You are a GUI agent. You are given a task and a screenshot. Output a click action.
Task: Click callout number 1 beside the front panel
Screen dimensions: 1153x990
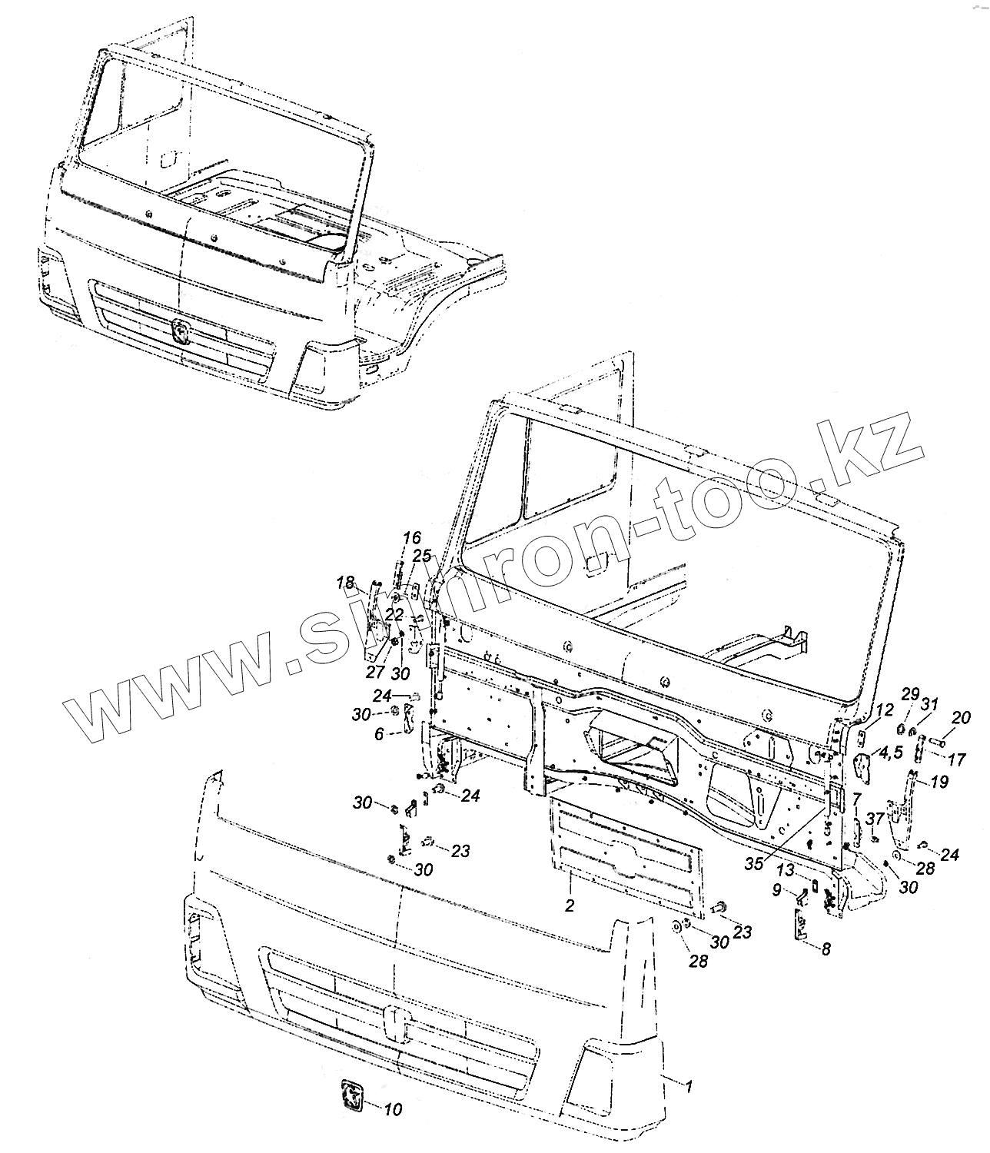pyautogui.click(x=689, y=1087)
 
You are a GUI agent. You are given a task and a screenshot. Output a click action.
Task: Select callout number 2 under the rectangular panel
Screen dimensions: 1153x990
pyautogui.click(x=569, y=905)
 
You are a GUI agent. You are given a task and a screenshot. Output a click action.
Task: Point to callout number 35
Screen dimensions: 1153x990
pyautogui.click(x=754, y=863)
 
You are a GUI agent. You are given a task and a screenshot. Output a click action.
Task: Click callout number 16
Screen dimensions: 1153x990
pyautogui.click(x=412, y=538)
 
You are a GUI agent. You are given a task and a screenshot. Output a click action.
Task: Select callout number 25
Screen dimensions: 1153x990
pyautogui.click(x=421, y=556)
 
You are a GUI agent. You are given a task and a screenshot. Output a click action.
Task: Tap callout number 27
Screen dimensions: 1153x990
pyautogui.click(x=375, y=673)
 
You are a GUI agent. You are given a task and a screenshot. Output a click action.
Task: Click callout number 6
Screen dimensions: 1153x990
pyautogui.click(x=379, y=735)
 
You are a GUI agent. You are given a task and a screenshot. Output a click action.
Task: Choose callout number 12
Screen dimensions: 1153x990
pyautogui.click(x=884, y=710)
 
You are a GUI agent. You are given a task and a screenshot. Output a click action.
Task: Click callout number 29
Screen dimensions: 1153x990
pyautogui.click(x=909, y=695)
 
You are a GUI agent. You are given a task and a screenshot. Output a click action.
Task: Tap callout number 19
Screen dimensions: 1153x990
pyautogui.click(x=939, y=783)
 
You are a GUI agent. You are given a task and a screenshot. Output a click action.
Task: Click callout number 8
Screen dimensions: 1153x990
pyautogui.click(x=826, y=949)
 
